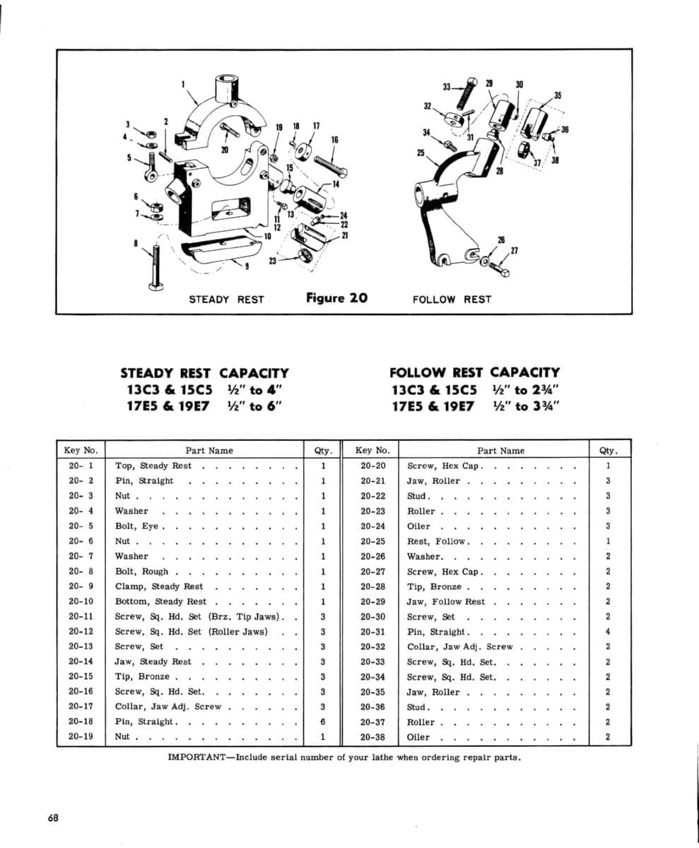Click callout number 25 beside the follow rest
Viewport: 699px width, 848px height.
pos(421,153)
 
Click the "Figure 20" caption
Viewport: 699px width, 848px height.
pos(336,298)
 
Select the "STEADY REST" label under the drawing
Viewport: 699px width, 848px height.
pos(226,299)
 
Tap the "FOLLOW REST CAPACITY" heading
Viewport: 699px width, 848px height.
pos(474,372)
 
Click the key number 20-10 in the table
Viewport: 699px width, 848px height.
pos(81,601)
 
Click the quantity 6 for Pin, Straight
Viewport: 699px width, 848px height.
pos(322,722)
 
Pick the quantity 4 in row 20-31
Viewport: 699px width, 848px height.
pos(608,632)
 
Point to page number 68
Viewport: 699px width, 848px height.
pos(54,818)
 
